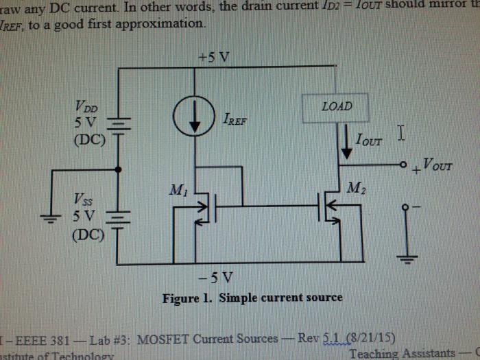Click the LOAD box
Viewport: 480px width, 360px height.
click(337, 107)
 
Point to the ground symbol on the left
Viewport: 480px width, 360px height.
click(49, 217)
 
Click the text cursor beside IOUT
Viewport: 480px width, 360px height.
click(401, 133)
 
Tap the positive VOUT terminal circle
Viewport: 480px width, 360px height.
click(405, 165)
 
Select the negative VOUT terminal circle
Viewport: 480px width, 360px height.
click(405, 206)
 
